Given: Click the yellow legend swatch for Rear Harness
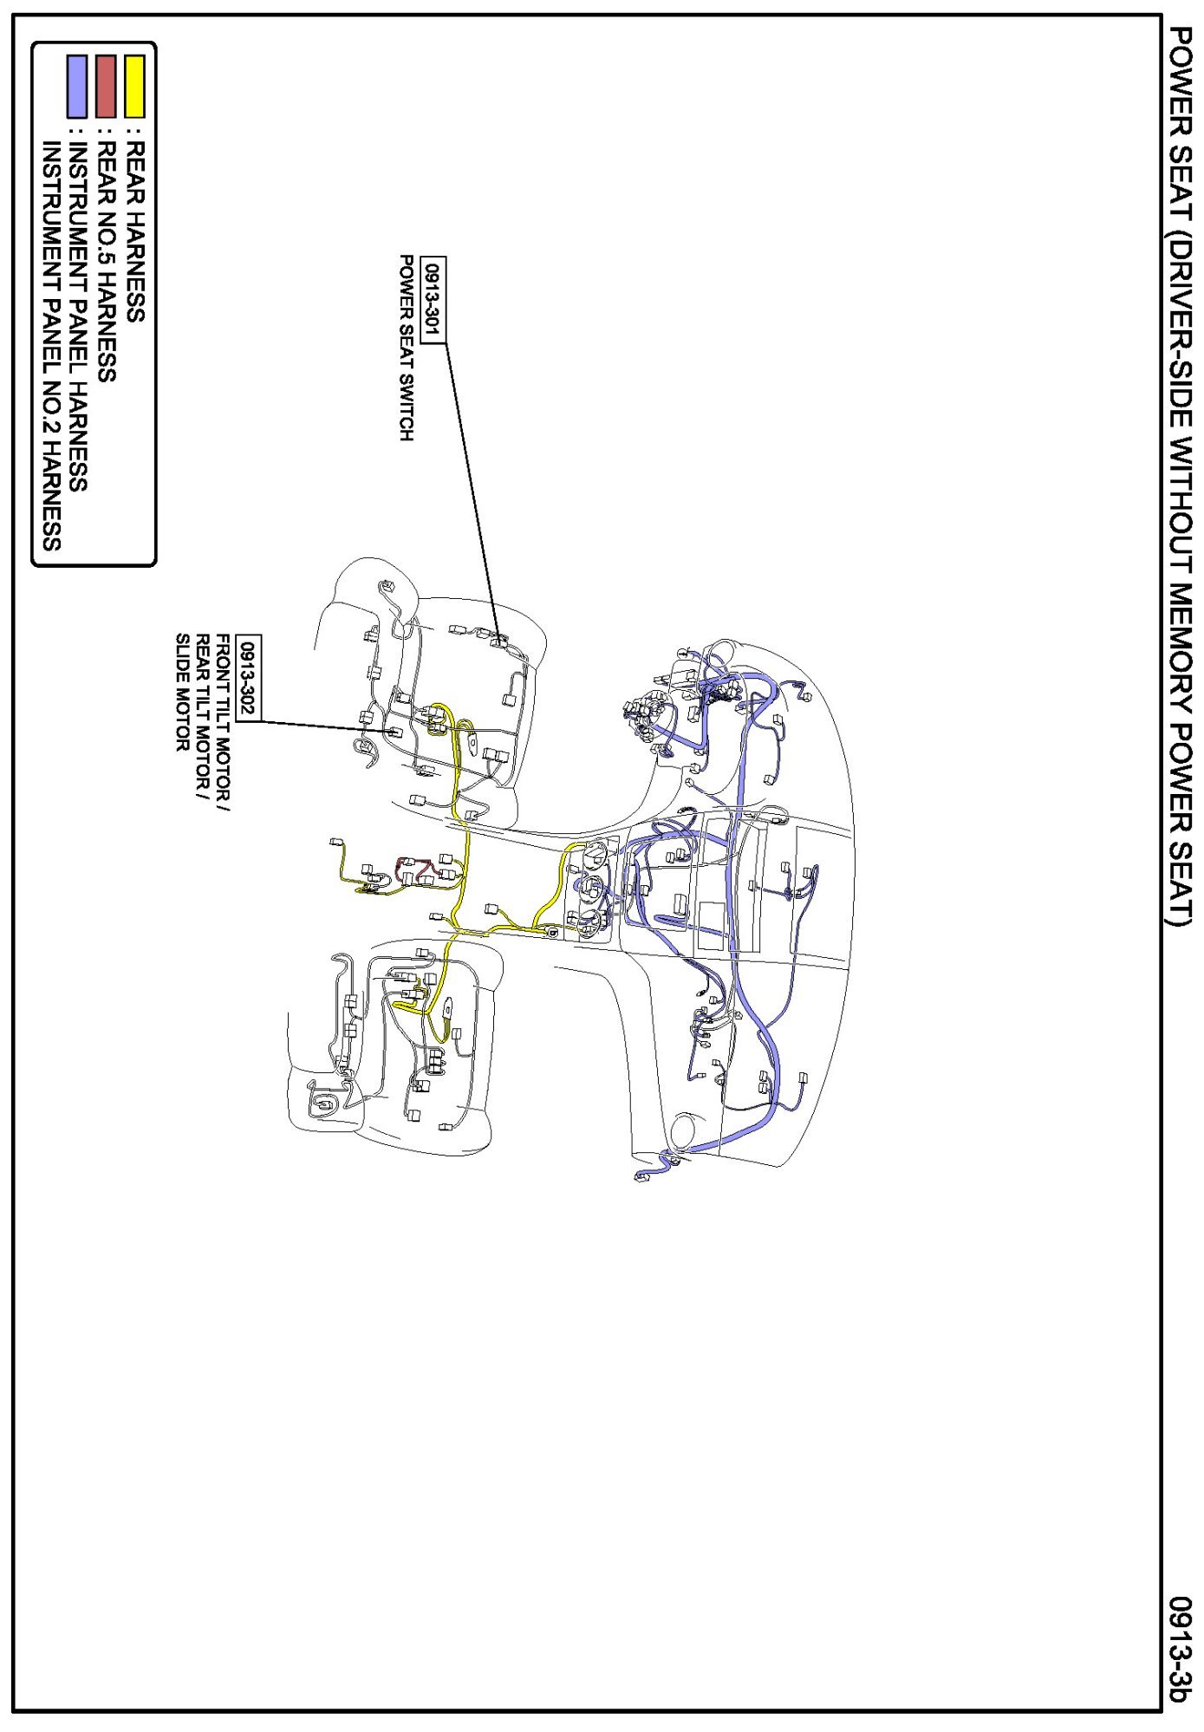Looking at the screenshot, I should click(134, 86).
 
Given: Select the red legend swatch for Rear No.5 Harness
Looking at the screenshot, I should click(106, 86).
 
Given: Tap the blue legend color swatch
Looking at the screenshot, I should click(77, 86).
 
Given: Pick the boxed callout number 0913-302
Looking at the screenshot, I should click(248, 677).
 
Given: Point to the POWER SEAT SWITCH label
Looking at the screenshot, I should click(406, 348).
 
